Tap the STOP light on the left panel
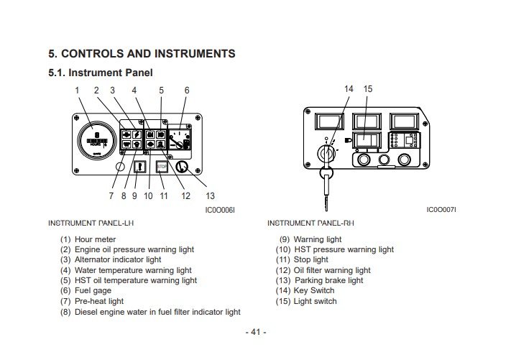[x=162, y=167]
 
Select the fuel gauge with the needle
[x=180, y=137]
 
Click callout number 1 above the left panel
[x=77, y=90]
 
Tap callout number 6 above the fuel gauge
[x=187, y=90]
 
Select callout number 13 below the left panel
[x=211, y=195]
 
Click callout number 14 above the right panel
[x=349, y=89]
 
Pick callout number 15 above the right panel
[x=368, y=89]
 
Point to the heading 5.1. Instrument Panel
[x=101, y=72]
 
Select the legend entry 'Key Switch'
[x=314, y=290]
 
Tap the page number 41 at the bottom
[x=255, y=332]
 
